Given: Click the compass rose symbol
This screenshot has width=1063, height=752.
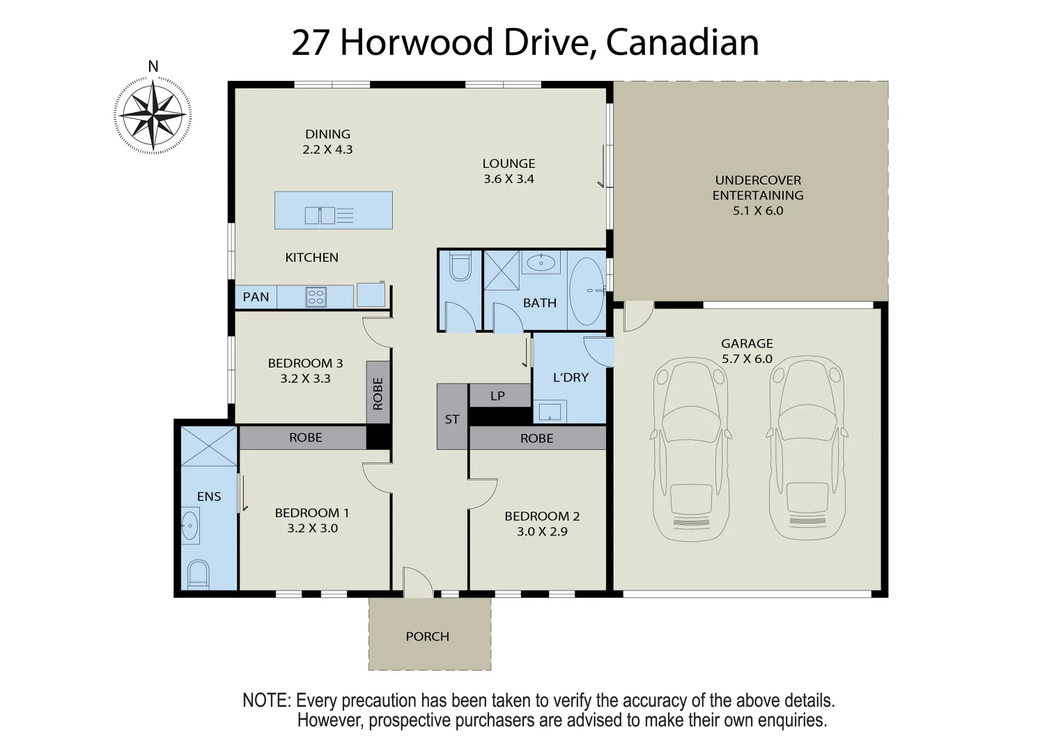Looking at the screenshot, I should (153, 115).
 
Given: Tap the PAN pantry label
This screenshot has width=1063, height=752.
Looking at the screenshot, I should (256, 297).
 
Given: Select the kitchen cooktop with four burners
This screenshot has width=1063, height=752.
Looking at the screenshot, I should (316, 297).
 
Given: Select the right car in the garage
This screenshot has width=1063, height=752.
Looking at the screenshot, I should (807, 449).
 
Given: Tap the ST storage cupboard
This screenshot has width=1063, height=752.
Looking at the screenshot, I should (452, 418).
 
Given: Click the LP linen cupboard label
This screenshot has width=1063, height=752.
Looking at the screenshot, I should (497, 395).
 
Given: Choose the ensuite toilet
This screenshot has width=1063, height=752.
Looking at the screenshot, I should (198, 574).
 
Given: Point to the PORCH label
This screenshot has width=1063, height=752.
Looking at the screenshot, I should (428, 636).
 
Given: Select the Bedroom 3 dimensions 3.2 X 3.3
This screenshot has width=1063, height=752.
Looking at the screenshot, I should (305, 379).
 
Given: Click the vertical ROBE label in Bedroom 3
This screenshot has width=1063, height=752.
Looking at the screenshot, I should (378, 393).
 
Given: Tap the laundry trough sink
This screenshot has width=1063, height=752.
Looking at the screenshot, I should (550, 411).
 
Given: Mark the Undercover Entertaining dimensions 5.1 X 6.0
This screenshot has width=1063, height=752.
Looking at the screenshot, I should (758, 211).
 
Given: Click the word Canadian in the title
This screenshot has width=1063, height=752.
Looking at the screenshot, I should (682, 42).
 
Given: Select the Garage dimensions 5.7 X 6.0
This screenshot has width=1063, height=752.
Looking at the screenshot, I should (747, 359).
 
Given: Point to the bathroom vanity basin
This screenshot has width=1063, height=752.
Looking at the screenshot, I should (541, 263).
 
